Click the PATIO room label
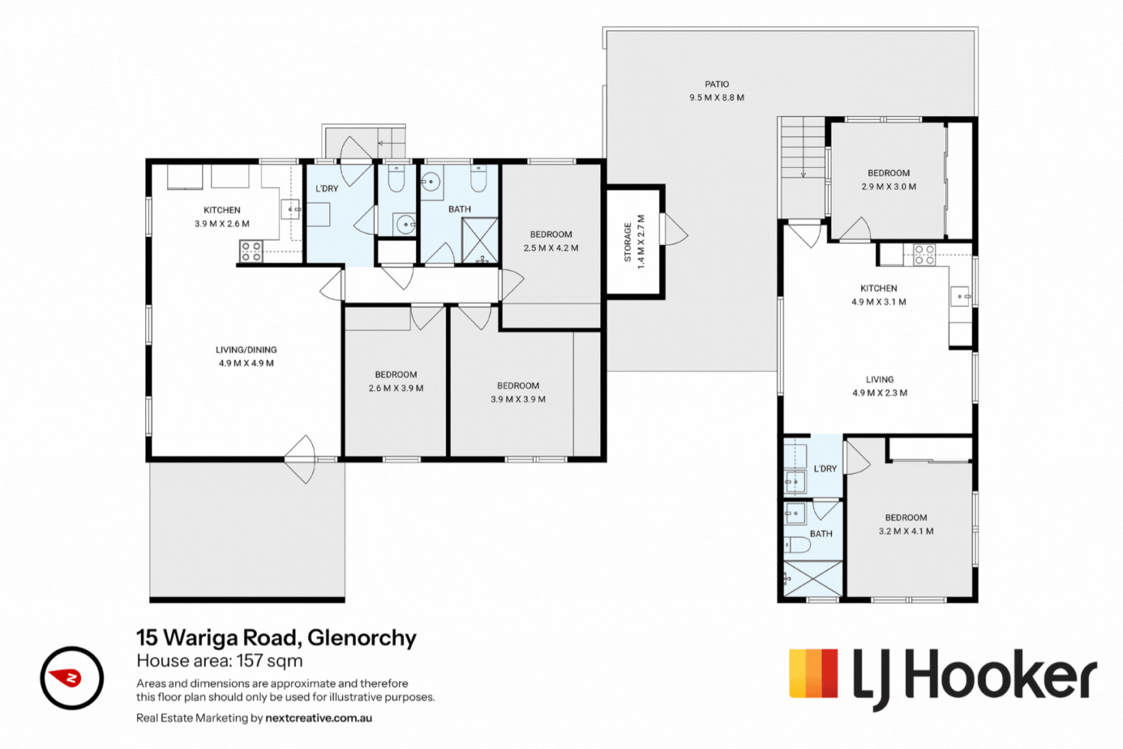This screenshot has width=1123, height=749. (716, 85)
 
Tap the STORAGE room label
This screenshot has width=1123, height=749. (627, 243)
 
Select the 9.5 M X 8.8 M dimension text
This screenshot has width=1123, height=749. (716, 98)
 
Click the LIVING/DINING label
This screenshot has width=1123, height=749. (246, 350)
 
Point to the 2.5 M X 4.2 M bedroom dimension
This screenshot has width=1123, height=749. (551, 248)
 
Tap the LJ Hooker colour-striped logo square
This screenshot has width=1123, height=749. (813, 673)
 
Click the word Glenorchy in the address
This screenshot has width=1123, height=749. (362, 638)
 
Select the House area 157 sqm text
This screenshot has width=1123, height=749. (219, 661)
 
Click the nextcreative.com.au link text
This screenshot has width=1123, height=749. (318, 718)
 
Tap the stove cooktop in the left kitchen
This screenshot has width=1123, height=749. (251, 252)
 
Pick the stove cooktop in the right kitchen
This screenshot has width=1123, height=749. (924, 255)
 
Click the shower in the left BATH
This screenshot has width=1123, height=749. (480, 240)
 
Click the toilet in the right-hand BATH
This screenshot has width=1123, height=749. (797, 545)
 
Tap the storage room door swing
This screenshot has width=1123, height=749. (675, 229)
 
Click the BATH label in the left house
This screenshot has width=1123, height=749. (459, 209)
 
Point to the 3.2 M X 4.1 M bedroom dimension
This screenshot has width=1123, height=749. (906, 531)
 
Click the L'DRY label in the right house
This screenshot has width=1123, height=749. (825, 469)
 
